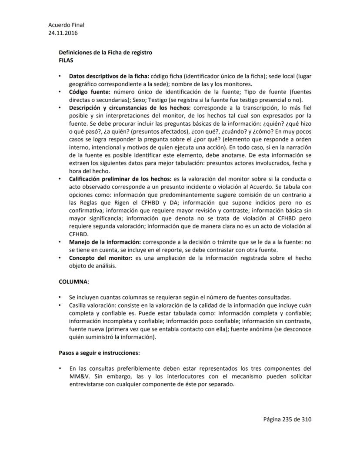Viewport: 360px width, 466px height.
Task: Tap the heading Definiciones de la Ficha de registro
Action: tap(105, 52)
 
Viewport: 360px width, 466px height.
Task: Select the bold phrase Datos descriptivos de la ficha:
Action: tap(109, 76)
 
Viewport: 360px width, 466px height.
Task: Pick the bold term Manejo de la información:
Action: tap(105, 241)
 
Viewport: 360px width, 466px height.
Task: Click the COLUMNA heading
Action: tap(73, 282)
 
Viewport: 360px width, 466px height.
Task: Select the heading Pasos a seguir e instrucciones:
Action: tap(99, 352)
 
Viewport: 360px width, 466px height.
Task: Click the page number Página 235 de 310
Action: tap(287, 419)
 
